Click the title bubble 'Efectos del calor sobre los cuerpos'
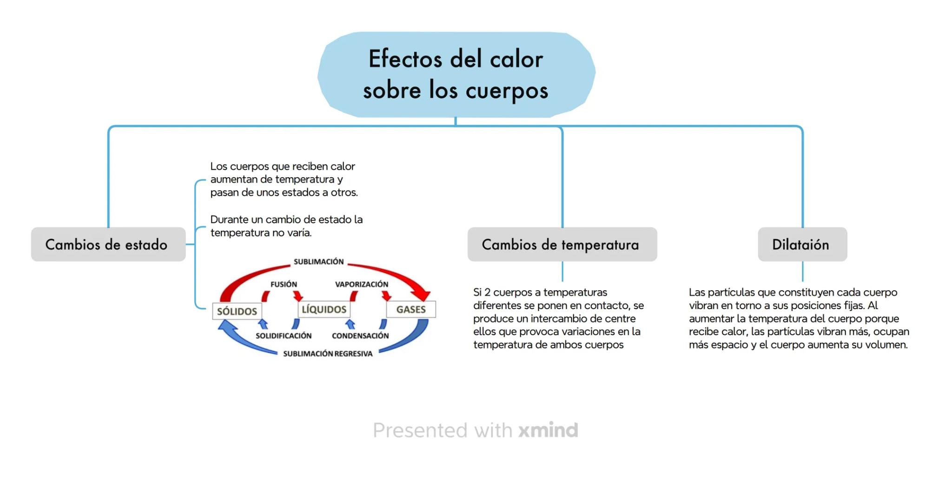point(456,74)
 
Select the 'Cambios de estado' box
point(108,245)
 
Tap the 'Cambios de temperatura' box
point(562,245)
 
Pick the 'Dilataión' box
point(802,245)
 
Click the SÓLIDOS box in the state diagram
point(237,311)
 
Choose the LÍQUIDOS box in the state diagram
point(324,309)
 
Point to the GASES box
point(411,309)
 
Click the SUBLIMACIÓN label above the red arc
point(319,262)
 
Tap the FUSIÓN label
point(284,284)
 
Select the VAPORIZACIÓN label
point(362,284)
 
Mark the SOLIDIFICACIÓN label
point(284,336)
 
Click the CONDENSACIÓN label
point(360,336)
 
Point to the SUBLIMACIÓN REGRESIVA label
point(328,354)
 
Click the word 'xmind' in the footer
point(548,430)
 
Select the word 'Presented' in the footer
point(420,431)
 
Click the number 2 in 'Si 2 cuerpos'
point(487,292)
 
